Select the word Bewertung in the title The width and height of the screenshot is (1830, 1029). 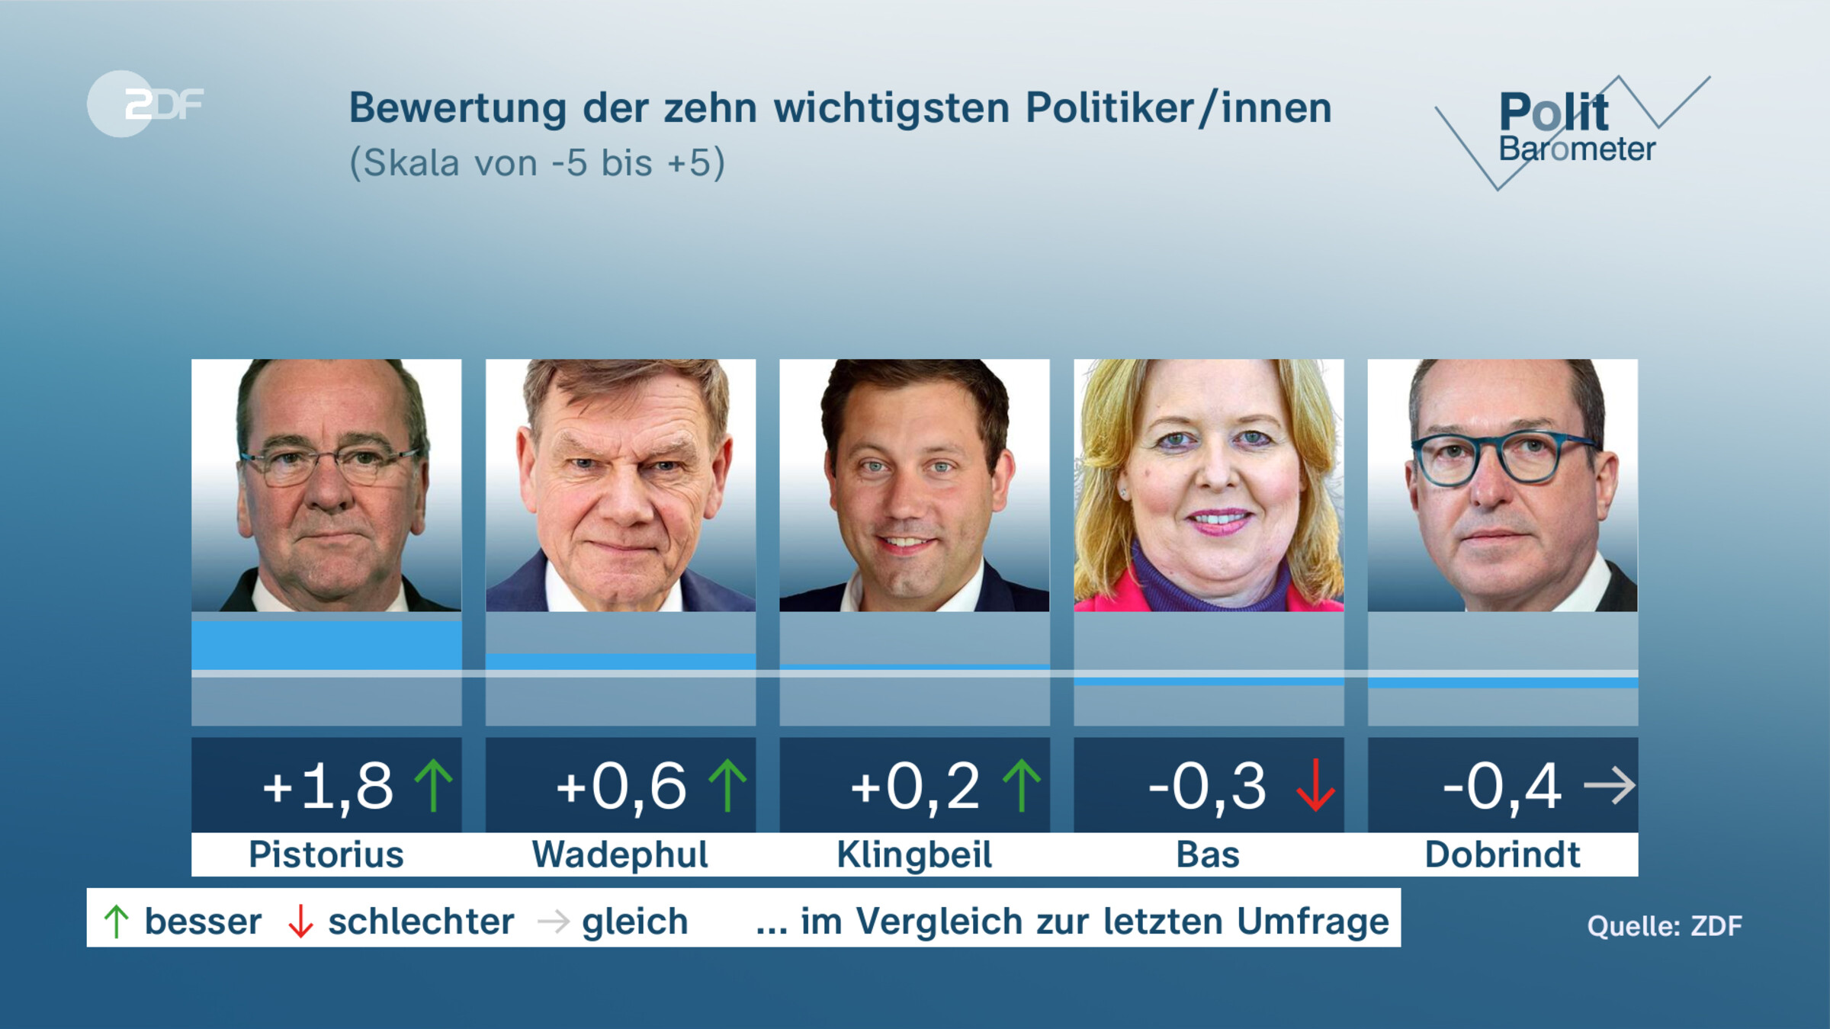[x=457, y=108]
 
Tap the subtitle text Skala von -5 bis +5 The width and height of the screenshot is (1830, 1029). [x=537, y=163]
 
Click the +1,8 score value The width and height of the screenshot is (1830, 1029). [x=328, y=786]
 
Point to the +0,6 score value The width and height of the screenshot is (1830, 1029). [x=621, y=786]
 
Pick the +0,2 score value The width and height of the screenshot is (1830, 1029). [x=915, y=786]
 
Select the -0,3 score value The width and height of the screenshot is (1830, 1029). [x=1207, y=786]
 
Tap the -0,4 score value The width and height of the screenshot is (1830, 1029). [x=1502, y=786]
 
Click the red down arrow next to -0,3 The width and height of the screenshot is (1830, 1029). [x=1315, y=786]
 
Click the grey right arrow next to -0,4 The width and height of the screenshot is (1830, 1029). [x=1609, y=786]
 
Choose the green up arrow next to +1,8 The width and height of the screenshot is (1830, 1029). [x=433, y=786]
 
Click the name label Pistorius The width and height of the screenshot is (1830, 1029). [x=326, y=854]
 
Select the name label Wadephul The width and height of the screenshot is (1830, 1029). [x=620, y=854]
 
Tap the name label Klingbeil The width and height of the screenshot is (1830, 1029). [x=914, y=854]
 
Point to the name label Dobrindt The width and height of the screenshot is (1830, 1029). [x=1502, y=854]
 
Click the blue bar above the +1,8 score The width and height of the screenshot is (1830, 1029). [x=326, y=646]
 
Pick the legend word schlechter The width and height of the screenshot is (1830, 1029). [x=421, y=922]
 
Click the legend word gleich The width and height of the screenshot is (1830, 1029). [x=634, y=922]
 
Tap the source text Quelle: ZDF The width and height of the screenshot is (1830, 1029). [x=1665, y=926]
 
